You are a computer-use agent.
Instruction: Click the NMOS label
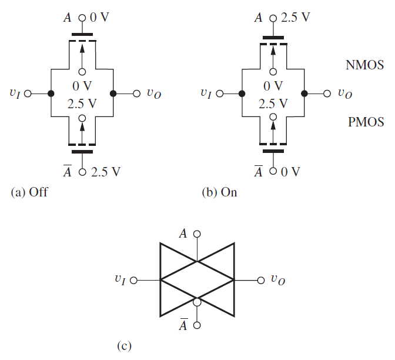click(364, 65)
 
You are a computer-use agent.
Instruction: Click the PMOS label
click(364, 122)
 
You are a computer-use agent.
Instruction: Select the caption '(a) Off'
click(29, 192)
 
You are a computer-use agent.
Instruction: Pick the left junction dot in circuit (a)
click(51, 94)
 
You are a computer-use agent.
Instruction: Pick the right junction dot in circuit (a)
click(113, 94)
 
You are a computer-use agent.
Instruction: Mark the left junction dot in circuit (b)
click(242, 94)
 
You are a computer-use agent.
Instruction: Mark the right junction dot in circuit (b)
click(304, 94)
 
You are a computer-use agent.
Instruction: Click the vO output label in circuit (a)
click(153, 94)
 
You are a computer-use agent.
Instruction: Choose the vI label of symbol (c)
click(120, 280)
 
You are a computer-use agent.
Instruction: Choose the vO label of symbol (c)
click(278, 281)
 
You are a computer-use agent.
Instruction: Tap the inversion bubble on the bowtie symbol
click(197, 302)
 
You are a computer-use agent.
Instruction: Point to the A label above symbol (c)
click(183, 234)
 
